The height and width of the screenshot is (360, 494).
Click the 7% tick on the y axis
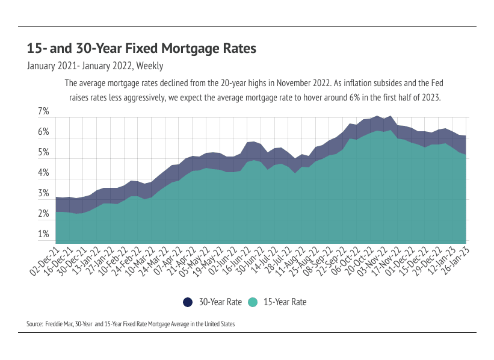(43, 111)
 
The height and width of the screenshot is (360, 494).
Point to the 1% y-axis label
(43, 234)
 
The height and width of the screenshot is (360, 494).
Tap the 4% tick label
(43, 173)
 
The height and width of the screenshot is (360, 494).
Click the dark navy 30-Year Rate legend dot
(187, 302)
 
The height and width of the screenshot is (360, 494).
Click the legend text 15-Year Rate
(285, 302)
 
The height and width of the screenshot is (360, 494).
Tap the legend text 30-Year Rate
(220, 302)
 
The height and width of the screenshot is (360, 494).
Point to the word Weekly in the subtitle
(150, 66)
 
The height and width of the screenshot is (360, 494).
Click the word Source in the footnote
(34, 324)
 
